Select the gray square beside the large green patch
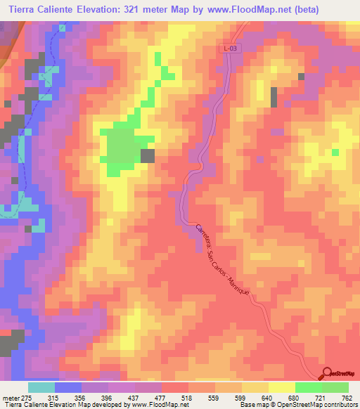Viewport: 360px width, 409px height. pos(148,156)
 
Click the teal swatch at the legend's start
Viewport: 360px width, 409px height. pos(41,387)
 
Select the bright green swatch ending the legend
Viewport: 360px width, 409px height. pos(335,387)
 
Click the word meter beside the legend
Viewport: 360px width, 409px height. pos(10,397)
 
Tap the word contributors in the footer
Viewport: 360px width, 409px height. pos(341,405)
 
